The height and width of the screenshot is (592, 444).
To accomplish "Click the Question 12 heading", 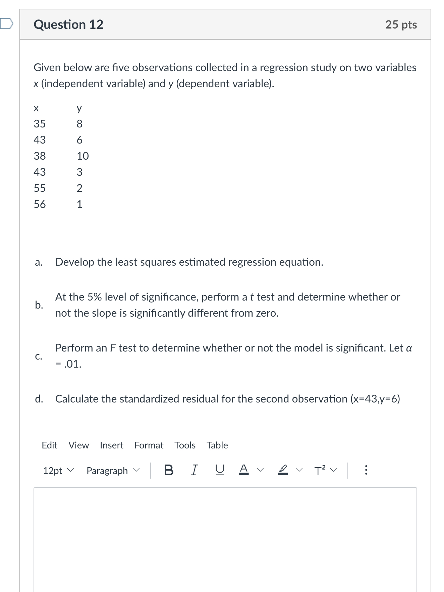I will (68, 24).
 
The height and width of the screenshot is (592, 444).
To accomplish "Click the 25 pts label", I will (401, 24).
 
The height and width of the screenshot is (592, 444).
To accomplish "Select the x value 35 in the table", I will (40, 124).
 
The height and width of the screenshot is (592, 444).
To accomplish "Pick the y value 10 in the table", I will (82, 156).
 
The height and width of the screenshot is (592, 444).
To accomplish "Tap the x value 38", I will (40, 156).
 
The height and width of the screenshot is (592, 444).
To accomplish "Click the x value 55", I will (40, 188).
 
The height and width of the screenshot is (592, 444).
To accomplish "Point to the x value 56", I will (40, 204).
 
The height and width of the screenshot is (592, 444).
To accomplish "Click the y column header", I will (79, 108).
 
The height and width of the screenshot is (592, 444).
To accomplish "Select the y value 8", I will (79, 124).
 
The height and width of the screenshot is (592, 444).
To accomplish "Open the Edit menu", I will (49, 445).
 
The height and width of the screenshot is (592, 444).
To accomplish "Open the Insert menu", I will (111, 445).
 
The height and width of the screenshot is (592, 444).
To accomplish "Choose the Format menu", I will (149, 445).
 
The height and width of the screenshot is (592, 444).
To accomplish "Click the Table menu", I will (217, 445).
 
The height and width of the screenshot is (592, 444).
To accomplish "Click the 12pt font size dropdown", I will (58, 471).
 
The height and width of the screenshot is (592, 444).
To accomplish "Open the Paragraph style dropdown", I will (112, 471).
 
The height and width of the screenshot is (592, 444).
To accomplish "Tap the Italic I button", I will (194, 470).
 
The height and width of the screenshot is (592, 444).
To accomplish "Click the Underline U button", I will (219, 470).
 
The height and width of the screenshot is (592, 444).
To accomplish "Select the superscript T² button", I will (320, 470).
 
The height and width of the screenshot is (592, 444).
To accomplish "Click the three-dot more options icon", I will (366, 470).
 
